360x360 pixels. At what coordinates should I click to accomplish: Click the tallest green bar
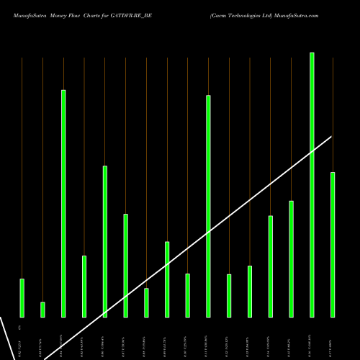pos(312,187)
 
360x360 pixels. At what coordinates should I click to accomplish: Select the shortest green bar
pos(42,310)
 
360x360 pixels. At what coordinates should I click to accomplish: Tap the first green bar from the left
pos(22,298)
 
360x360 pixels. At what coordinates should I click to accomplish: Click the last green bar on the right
pos(333,245)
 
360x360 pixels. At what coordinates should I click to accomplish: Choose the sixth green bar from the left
pos(125,266)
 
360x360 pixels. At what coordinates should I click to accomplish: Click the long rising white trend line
pos(216,225)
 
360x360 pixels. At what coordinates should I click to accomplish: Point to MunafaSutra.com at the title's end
pos(296,14)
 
